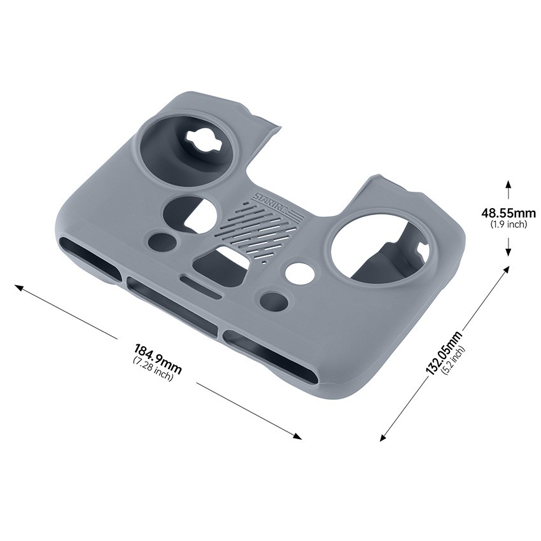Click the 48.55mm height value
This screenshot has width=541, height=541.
click(x=508, y=213)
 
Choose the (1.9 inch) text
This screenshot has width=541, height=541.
click(x=508, y=224)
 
